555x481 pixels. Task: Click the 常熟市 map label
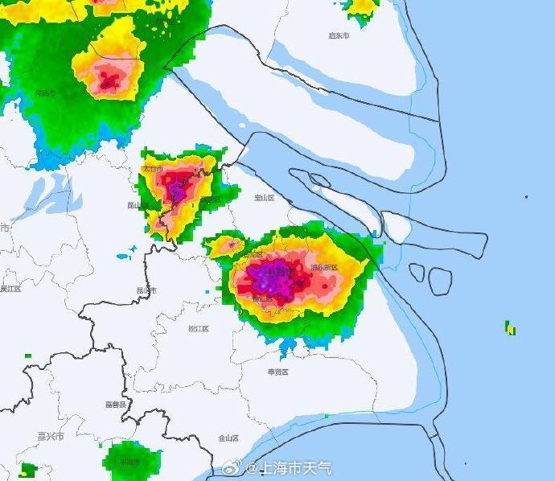coord(45,93)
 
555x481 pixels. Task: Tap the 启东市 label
coord(339,36)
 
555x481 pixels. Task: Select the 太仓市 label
coord(152,169)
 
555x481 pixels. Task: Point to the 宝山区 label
coord(265,197)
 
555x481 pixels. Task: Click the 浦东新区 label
coord(324,267)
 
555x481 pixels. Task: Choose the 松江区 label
coord(198,329)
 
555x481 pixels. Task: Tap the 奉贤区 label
coord(278,372)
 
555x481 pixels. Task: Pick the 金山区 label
coord(228,438)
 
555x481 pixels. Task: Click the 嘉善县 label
coord(116,404)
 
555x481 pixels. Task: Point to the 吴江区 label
coord(10,289)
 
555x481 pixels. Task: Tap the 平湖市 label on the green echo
coord(129,462)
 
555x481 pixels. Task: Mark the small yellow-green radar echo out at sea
coord(510,328)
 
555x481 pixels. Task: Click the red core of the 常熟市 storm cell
coord(107,80)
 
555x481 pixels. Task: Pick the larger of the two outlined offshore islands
coord(440,280)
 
